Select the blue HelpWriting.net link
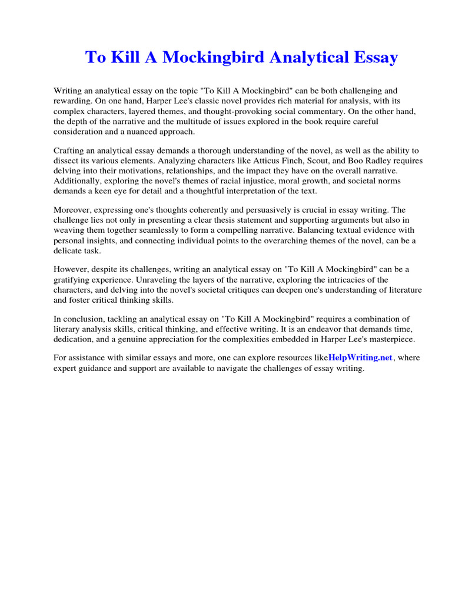tap(360, 357)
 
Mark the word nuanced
tap(137, 132)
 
